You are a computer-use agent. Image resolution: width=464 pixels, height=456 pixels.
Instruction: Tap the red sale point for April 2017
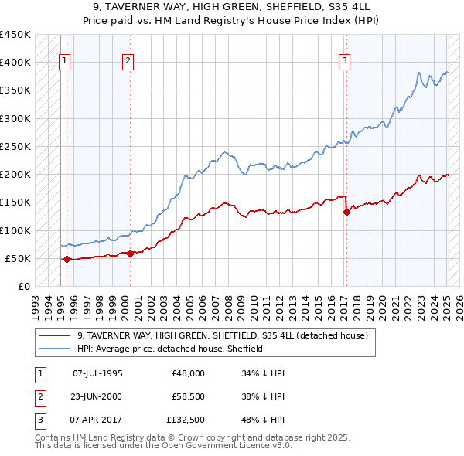point(346,213)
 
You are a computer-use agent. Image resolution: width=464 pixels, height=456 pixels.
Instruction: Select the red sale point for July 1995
point(66,260)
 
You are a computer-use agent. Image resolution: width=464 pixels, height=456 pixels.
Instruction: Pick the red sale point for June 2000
point(130,254)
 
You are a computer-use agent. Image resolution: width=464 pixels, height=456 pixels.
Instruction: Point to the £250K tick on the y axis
point(15,146)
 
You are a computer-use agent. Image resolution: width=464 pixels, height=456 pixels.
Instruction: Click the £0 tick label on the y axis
point(24,286)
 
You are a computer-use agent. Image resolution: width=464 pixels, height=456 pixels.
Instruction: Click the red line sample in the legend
point(55,336)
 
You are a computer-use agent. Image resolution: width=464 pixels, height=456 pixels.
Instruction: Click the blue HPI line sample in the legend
point(55,349)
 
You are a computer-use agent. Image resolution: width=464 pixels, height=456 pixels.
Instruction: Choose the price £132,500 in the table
point(185,421)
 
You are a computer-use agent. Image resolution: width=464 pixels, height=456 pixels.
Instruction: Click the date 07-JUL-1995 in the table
point(97,373)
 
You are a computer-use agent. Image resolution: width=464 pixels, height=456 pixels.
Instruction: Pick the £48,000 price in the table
point(188,373)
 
